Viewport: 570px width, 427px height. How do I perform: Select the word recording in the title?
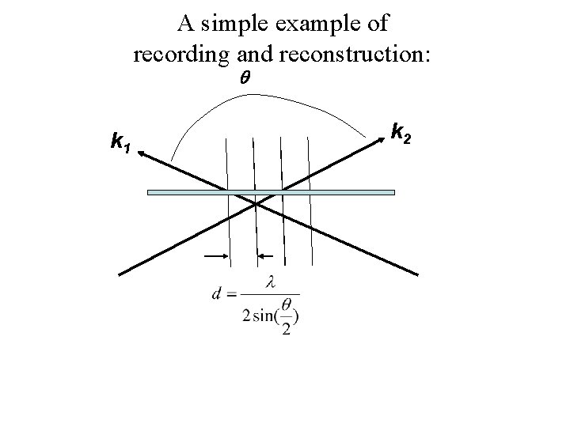(x=182, y=55)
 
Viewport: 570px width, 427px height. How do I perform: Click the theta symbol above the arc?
(x=244, y=80)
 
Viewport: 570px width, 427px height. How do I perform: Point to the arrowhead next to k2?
(x=380, y=138)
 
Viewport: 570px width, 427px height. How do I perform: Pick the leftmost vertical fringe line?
(x=228, y=198)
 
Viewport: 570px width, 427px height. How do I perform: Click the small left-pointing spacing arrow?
(x=266, y=256)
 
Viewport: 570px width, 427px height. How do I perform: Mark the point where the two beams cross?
(x=256, y=204)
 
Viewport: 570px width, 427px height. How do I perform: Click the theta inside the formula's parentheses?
(x=286, y=303)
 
